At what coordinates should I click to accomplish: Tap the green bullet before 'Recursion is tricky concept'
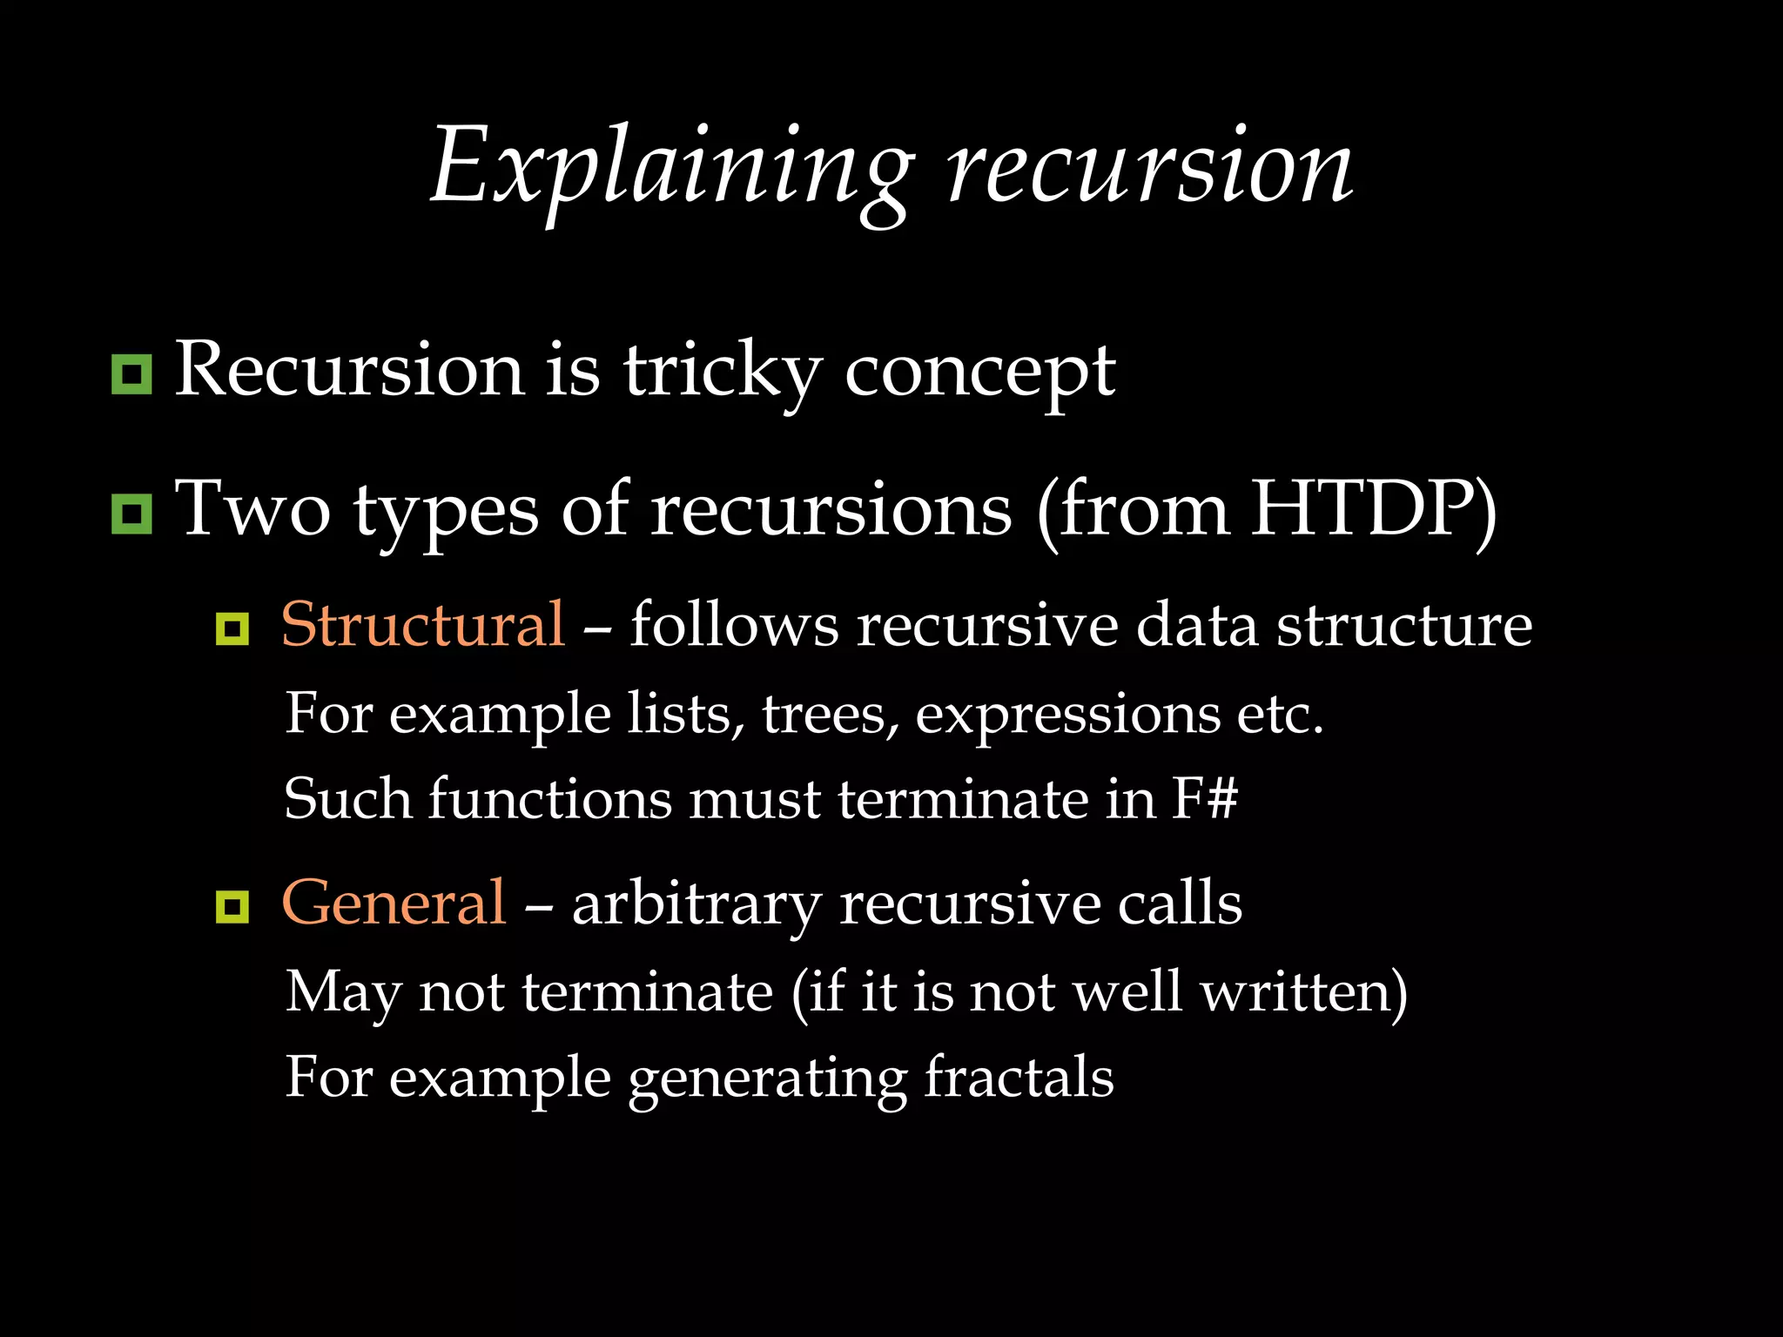pyautogui.click(x=131, y=374)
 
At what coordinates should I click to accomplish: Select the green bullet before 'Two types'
pyautogui.click(x=131, y=514)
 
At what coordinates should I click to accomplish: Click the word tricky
pyautogui.click(x=722, y=373)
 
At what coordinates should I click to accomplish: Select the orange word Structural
pyautogui.click(x=423, y=625)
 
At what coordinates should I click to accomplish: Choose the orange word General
pyautogui.click(x=394, y=904)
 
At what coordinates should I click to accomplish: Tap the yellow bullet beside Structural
pyautogui.click(x=232, y=628)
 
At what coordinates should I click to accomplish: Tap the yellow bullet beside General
pyautogui.click(x=232, y=907)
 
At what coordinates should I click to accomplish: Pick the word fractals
pyautogui.click(x=1018, y=1078)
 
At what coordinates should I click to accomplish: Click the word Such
pyautogui.click(x=347, y=799)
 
